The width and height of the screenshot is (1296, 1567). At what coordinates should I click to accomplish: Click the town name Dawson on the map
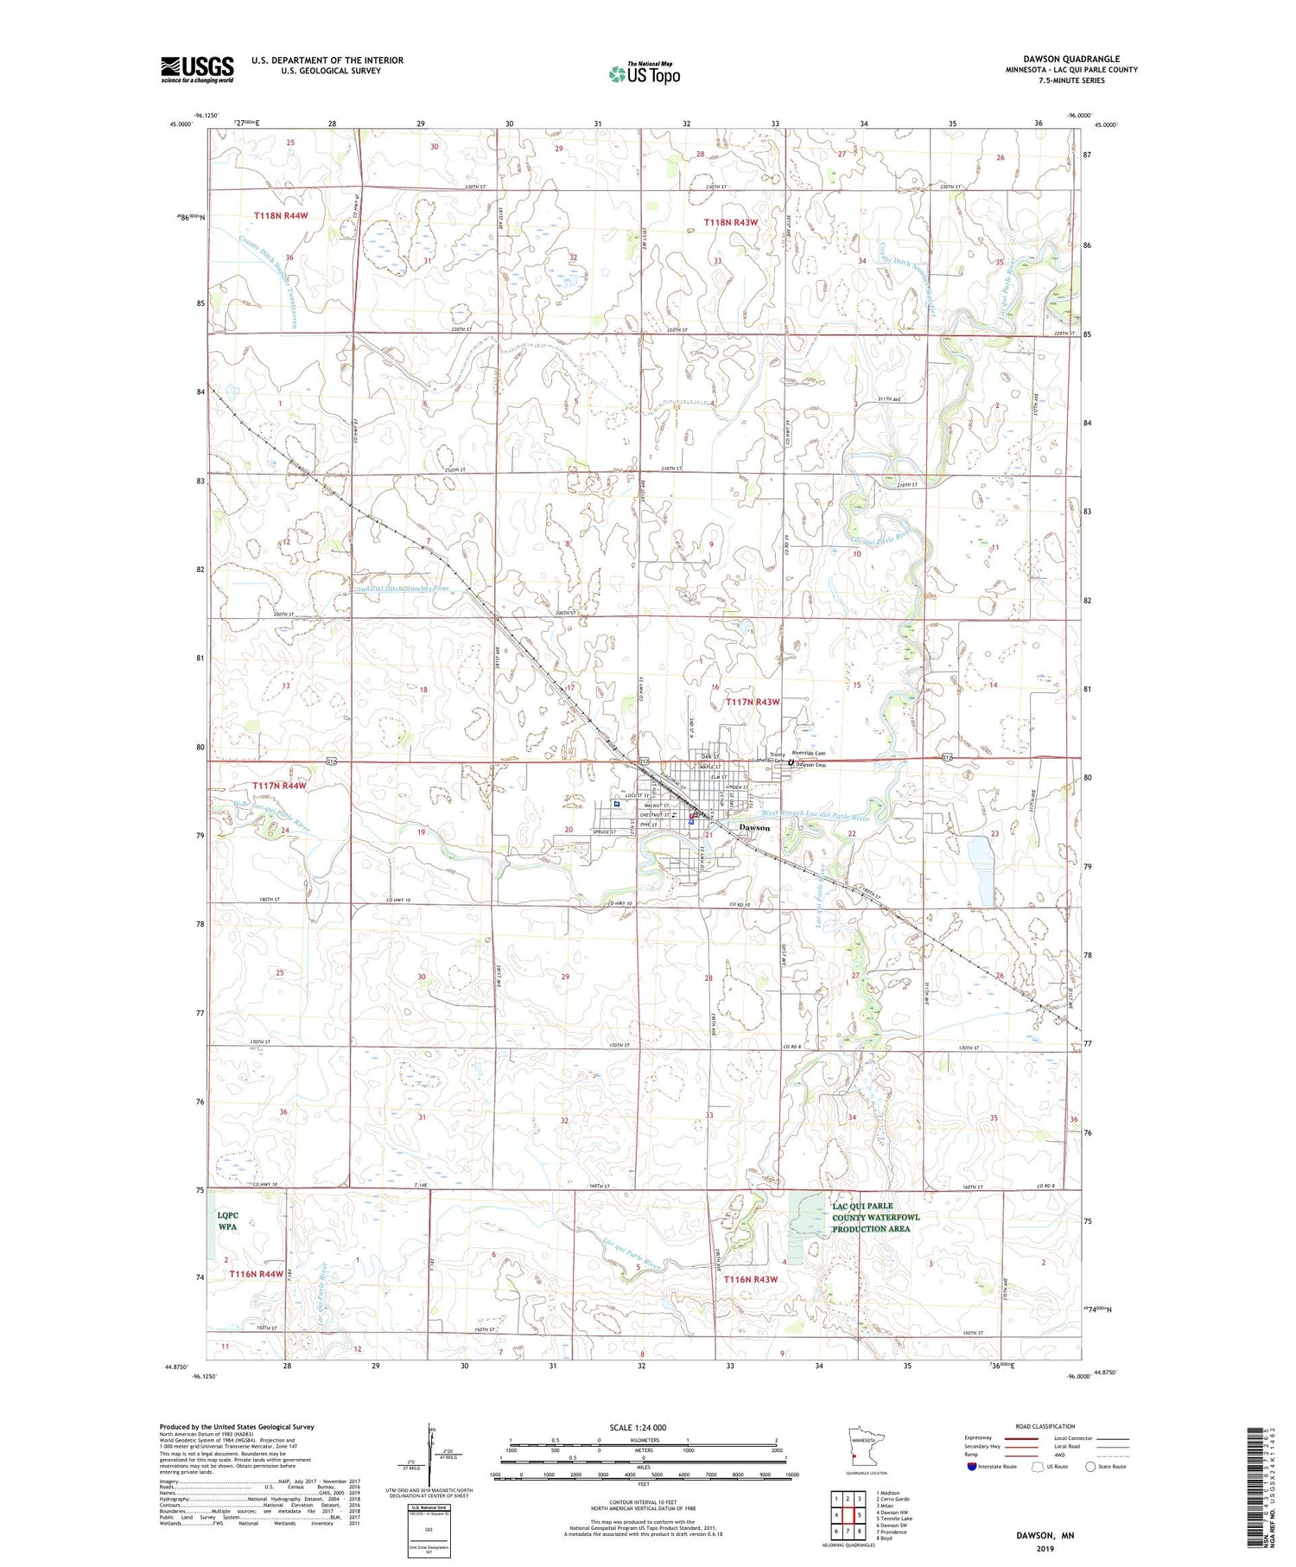pos(754,827)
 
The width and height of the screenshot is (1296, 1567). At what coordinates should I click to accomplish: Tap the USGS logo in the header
pos(197,69)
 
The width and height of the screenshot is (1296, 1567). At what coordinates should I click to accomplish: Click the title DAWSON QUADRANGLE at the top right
pos(1070,60)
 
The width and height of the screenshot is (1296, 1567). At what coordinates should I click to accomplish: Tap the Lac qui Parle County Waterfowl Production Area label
pos(875,1217)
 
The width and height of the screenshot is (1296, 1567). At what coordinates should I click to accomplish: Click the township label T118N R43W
pos(730,223)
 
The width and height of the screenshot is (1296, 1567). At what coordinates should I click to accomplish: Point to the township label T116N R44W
pos(256,1274)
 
